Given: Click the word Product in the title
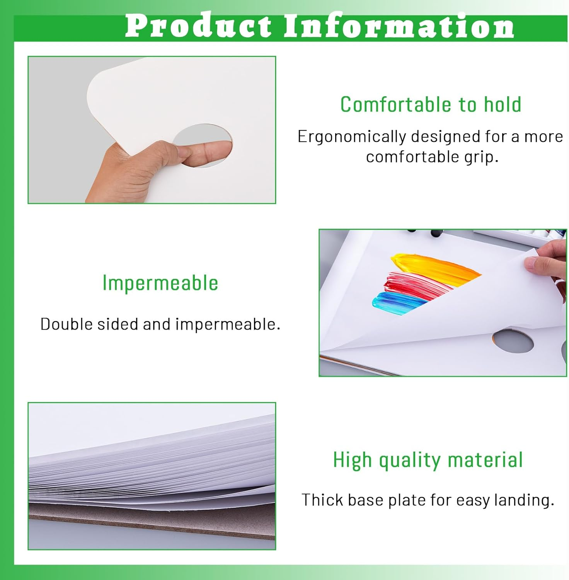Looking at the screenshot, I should pyautogui.click(x=198, y=26).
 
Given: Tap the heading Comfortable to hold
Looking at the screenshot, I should pyautogui.click(x=431, y=104).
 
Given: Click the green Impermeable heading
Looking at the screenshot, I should pyautogui.click(x=160, y=283).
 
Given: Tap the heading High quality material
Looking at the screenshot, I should pyautogui.click(x=428, y=460).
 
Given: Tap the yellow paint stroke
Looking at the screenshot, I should pyautogui.click(x=433, y=267).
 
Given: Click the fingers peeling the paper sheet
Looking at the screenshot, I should pyautogui.click(x=549, y=259).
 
